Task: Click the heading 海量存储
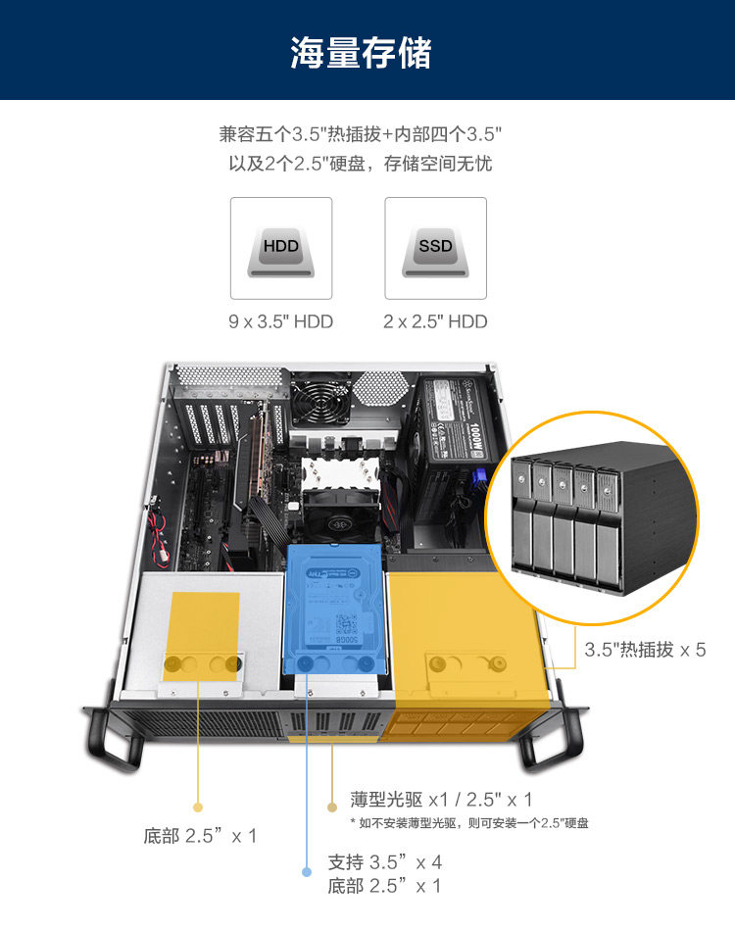[x=361, y=52]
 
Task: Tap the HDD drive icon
[x=280, y=249]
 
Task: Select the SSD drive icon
[x=435, y=249]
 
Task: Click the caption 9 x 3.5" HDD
[x=280, y=321]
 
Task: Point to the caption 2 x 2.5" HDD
[x=435, y=321]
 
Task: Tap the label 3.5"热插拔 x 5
[x=645, y=649]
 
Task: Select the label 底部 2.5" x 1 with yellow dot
[x=200, y=836]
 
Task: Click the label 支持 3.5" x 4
[x=384, y=862]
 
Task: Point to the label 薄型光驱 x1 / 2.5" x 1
[x=441, y=800]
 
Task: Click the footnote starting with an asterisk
[x=468, y=823]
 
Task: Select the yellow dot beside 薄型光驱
[x=333, y=808]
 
